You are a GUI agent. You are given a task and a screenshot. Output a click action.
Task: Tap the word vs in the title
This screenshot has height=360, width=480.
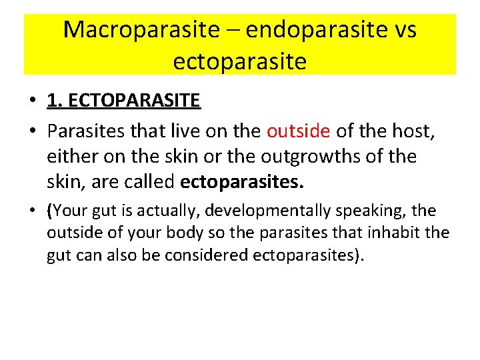403,30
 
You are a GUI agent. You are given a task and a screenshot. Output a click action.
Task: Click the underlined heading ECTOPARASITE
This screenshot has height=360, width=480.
133,101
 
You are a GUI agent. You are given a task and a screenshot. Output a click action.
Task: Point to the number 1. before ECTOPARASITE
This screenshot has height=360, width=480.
55,101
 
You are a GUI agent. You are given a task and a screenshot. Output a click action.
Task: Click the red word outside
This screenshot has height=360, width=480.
298,131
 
